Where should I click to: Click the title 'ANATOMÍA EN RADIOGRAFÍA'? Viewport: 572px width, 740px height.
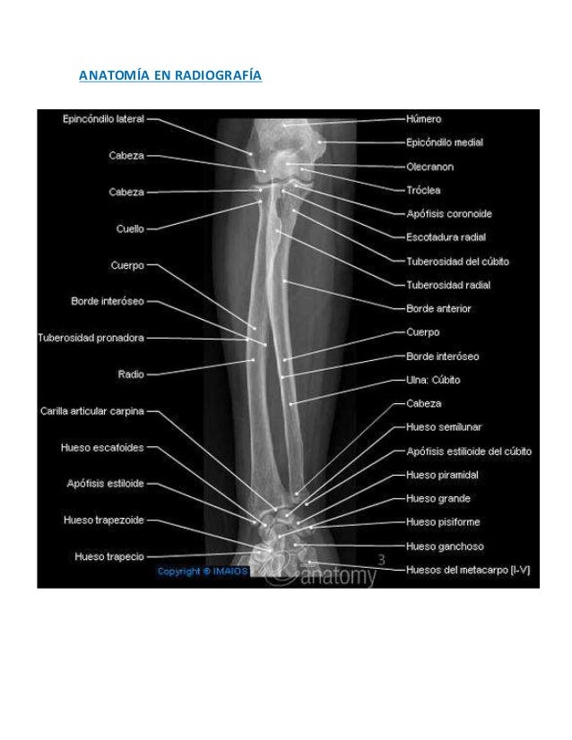(170, 75)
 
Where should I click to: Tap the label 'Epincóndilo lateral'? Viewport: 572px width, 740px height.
(103, 117)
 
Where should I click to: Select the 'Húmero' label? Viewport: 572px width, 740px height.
(423, 118)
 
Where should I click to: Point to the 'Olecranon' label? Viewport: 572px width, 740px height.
(429, 167)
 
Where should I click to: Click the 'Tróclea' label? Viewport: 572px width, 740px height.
(423, 190)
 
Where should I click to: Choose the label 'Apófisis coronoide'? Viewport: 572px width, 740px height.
(448, 214)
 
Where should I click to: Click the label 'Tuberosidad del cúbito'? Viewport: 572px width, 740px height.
(457, 262)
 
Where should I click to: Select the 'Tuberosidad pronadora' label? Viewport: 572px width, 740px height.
(91, 339)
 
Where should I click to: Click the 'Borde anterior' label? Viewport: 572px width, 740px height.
(438, 309)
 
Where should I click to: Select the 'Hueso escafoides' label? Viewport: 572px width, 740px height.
(101, 447)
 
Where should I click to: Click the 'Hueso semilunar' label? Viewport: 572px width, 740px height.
(441, 427)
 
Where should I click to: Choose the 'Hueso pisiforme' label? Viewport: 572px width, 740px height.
(442, 521)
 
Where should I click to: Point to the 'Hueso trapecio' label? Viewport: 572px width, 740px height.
(108, 556)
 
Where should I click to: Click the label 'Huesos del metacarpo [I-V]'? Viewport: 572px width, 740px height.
(467, 569)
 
